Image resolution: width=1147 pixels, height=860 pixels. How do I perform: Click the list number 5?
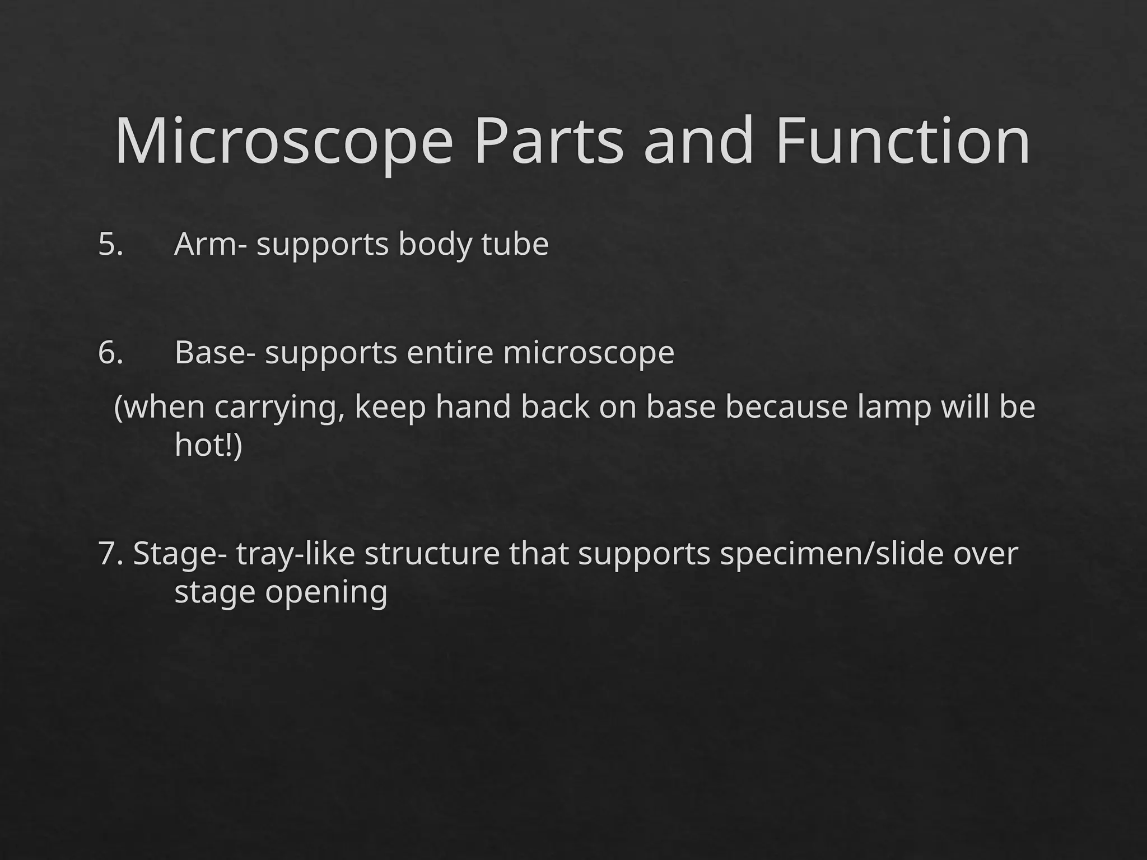pyautogui.click(x=110, y=245)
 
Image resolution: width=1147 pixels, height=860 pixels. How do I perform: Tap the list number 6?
pyautogui.click(x=110, y=353)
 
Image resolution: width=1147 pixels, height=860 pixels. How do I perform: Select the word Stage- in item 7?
pyautogui.click(x=180, y=555)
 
